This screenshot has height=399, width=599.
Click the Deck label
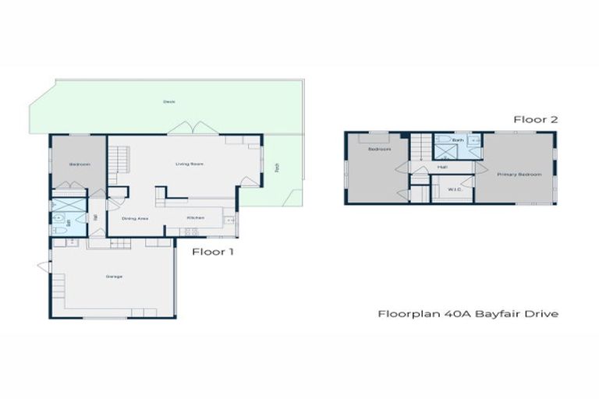click(x=168, y=101)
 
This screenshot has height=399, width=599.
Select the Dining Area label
click(x=136, y=218)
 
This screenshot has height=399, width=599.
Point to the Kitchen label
click(x=195, y=217)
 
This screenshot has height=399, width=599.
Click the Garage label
click(x=114, y=277)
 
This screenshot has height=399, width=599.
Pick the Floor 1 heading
click(x=213, y=252)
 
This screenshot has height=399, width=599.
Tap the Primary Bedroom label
click(x=519, y=175)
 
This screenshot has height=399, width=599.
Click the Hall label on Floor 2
click(x=442, y=167)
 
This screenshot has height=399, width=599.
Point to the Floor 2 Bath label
click(x=458, y=140)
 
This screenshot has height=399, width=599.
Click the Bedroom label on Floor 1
click(x=79, y=164)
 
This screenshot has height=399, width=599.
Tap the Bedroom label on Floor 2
click(x=379, y=149)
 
